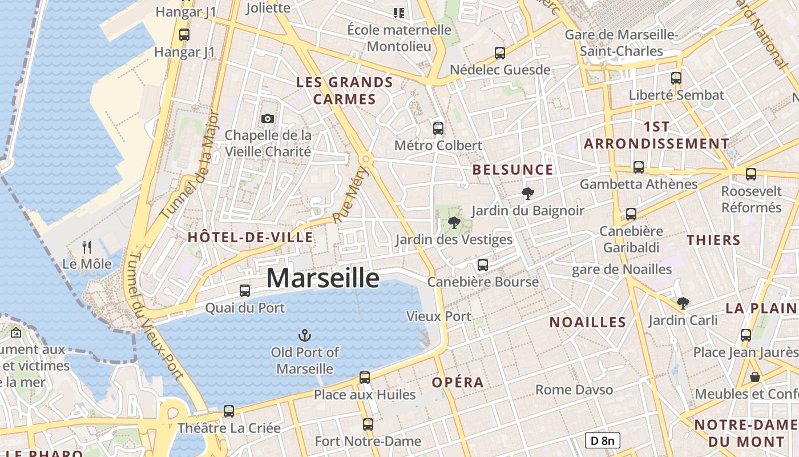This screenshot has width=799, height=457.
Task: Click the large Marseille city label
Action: click(323, 278)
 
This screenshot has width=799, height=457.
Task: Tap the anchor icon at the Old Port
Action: click(305, 335)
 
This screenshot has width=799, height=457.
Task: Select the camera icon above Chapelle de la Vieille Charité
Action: click(267, 118)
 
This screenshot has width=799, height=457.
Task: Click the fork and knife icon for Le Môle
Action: click(87, 247)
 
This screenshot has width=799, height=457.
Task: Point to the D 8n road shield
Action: click(602, 440)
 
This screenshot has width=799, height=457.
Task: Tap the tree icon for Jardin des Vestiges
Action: click(454, 222)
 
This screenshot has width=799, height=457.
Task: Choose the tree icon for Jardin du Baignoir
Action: click(528, 194)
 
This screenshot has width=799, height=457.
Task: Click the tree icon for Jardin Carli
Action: click(683, 303)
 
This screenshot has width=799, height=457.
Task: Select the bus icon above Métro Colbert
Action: click(438, 128)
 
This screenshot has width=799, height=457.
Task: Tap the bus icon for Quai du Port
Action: click(245, 290)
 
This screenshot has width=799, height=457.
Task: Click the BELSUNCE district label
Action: click(513, 170)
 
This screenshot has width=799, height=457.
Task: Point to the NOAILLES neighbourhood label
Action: click(588, 322)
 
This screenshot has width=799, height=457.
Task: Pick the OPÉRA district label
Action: click(458, 383)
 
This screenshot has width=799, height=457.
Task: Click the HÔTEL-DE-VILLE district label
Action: click(250, 238)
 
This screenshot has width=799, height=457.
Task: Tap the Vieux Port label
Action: click(439, 316)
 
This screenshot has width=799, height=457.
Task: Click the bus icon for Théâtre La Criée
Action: click(229, 411)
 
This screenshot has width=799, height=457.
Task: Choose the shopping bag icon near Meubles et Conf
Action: click(755, 377)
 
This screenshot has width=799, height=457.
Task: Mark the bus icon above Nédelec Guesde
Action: click(500, 53)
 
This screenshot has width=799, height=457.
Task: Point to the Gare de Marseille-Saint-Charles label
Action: click(621, 43)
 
